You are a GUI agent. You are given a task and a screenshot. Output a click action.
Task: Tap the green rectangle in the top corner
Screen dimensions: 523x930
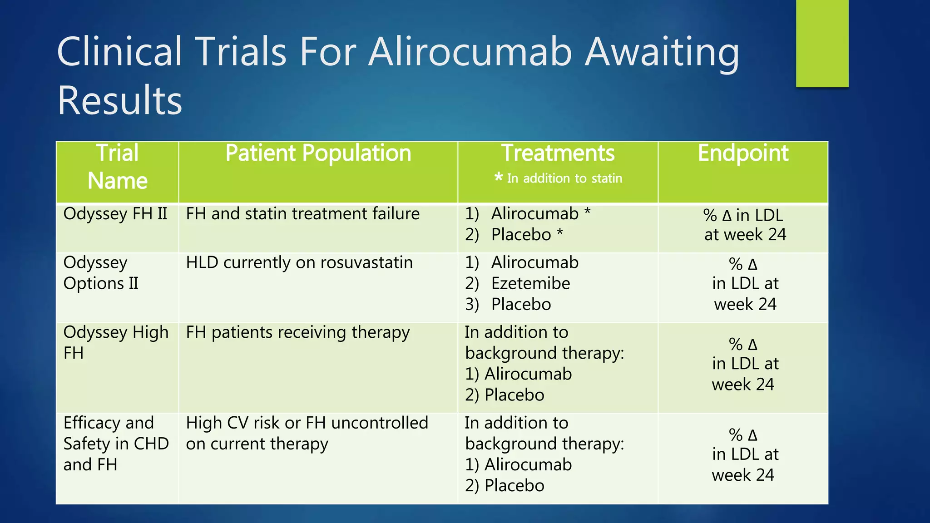[x=822, y=43]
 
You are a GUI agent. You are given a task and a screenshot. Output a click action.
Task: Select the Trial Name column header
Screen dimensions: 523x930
[x=117, y=167]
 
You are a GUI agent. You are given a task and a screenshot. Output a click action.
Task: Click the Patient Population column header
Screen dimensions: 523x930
[x=318, y=153]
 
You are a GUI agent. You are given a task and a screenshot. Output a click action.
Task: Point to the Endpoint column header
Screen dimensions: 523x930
[x=743, y=153]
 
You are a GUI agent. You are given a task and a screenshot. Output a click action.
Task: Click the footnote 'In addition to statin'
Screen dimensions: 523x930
[x=559, y=178]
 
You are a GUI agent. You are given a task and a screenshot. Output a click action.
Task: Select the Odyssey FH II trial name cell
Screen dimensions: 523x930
[x=115, y=213]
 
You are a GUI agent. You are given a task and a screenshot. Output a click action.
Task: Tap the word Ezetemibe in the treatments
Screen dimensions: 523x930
[x=530, y=283]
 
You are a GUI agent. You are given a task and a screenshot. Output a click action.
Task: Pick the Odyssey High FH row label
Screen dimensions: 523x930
[x=116, y=342]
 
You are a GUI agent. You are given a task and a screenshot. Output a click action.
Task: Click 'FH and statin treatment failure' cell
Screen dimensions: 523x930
[x=303, y=213]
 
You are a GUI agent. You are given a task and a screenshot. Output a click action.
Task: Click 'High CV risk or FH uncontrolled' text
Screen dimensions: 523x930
[x=307, y=423]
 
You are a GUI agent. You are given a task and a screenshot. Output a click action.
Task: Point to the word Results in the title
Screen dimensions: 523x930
[x=119, y=100]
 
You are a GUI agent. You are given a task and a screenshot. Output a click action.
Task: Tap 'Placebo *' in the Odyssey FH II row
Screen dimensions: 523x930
[x=527, y=235]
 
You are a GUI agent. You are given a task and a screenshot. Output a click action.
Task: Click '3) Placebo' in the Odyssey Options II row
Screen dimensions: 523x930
[x=508, y=304]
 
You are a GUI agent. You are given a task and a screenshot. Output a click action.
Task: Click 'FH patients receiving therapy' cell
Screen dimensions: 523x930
[x=298, y=332]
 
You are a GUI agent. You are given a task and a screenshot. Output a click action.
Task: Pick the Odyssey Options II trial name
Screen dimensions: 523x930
[x=101, y=273]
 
